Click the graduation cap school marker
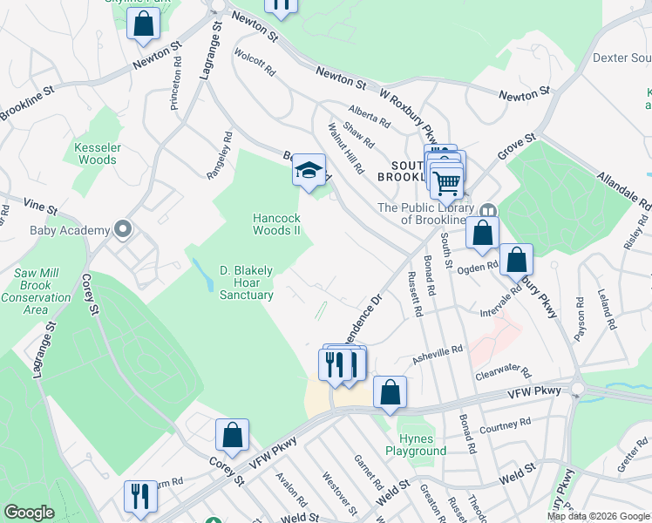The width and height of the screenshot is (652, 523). [308, 170]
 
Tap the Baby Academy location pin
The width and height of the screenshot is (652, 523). [124, 230]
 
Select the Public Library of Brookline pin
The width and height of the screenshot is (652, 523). [488, 210]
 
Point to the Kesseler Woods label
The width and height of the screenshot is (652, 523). [97, 153]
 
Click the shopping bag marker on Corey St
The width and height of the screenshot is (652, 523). [233, 436]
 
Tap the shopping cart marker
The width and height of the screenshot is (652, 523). [446, 182]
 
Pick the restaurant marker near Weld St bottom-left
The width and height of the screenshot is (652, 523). [139, 497]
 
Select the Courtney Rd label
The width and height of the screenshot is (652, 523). [505, 425]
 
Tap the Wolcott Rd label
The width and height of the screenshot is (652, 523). [255, 61]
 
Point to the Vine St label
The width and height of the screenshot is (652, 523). [40, 210]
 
